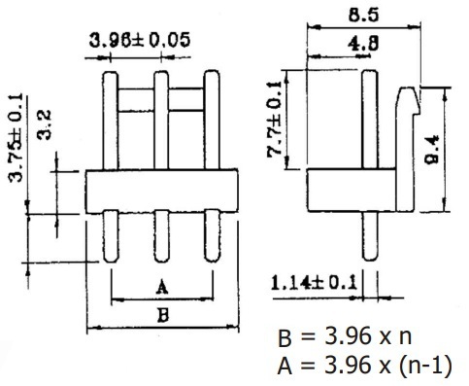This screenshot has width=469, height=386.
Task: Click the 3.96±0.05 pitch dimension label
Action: [140, 40]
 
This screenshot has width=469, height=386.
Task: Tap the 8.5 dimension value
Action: [363, 15]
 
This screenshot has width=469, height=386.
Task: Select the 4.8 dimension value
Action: [363, 44]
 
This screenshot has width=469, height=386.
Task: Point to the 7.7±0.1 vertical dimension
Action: [275, 120]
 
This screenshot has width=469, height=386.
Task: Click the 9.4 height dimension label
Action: [431, 150]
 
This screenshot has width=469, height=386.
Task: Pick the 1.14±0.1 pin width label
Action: [314, 283]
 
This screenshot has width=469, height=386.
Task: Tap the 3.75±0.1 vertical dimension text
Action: [16, 138]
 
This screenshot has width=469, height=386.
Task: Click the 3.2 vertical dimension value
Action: [44, 125]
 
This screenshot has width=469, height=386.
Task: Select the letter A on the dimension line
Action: [162, 287]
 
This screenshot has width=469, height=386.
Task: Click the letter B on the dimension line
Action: [163, 315]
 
